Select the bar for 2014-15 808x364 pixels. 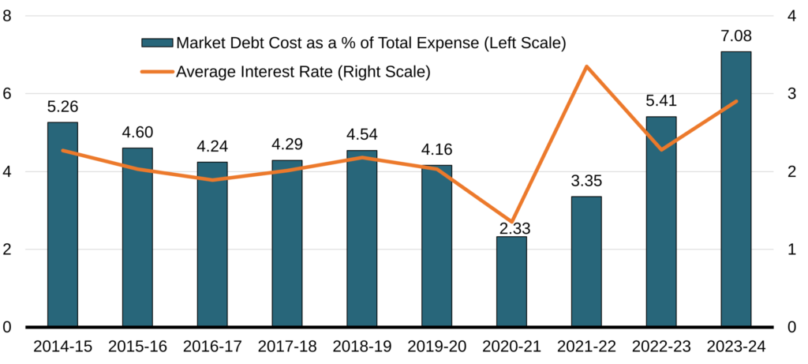[62, 225]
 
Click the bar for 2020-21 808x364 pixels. [511, 282]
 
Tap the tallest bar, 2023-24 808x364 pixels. [736, 190]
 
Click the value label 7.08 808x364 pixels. [736, 37]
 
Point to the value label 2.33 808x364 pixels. [514, 229]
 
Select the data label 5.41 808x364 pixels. [661, 102]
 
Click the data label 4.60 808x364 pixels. [137, 133]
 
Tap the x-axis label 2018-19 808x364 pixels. [361, 346]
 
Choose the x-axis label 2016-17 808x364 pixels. [212, 346]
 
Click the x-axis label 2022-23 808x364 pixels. [661, 346]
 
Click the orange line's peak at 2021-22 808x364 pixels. [586, 66]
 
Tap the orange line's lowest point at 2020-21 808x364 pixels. [511, 221]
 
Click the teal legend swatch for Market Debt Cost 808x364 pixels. [156, 43]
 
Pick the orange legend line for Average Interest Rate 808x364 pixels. [156, 72]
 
